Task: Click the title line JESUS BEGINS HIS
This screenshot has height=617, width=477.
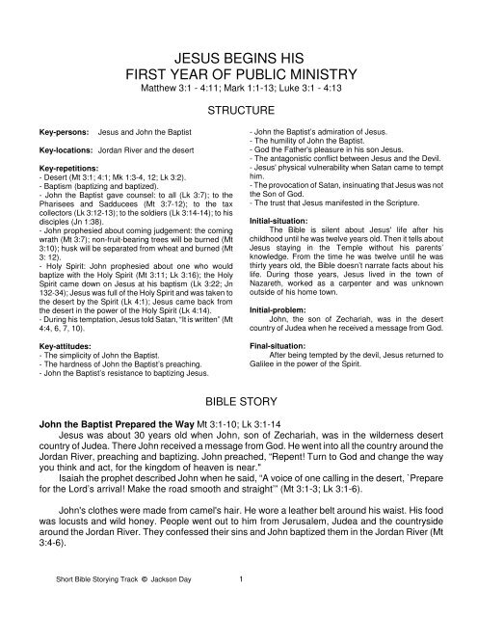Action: [238, 55]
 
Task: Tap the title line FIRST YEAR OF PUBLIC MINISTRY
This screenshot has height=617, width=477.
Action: [238, 74]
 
